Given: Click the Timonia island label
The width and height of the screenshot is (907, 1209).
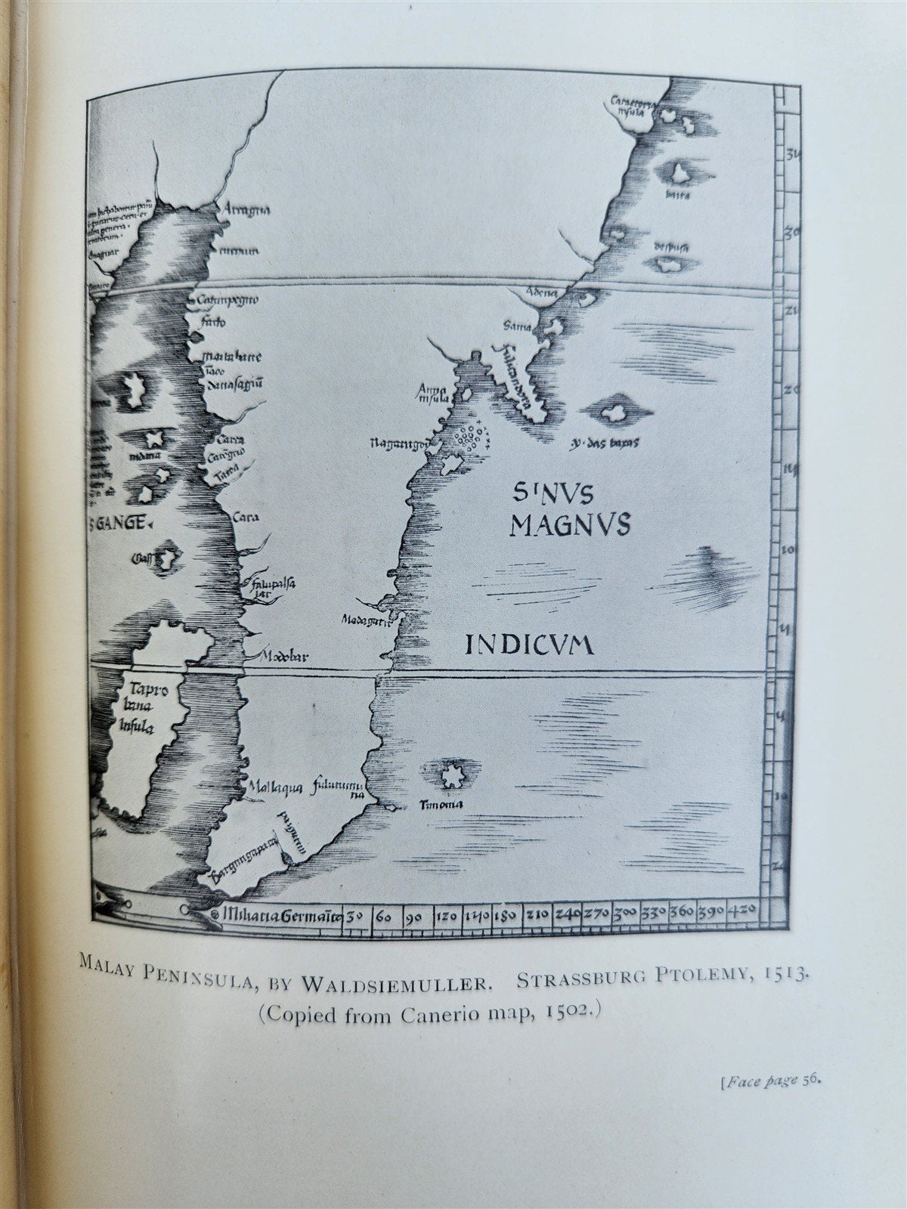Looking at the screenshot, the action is click(441, 805).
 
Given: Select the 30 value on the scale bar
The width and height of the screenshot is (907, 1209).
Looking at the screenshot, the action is click(355, 917).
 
